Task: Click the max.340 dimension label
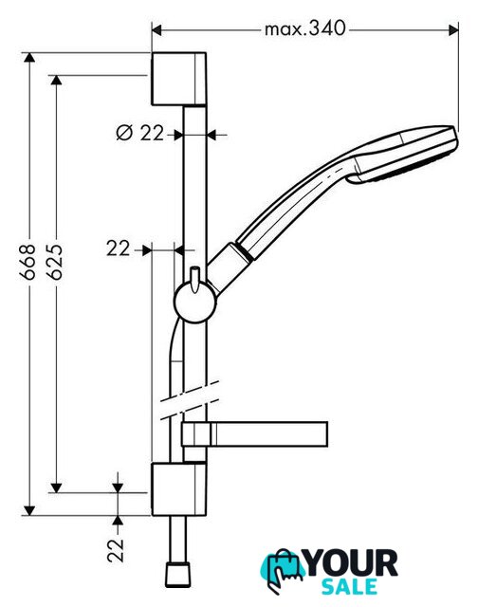[x=304, y=28]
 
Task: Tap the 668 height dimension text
[x=28, y=262]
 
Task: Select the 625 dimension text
[x=55, y=262]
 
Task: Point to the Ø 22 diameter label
[x=139, y=133]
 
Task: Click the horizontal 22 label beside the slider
[x=118, y=248]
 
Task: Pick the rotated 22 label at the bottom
[x=116, y=550]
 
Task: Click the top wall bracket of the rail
[x=178, y=79]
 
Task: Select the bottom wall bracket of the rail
[x=178, y=489]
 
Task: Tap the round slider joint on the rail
[x=194, y=303]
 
